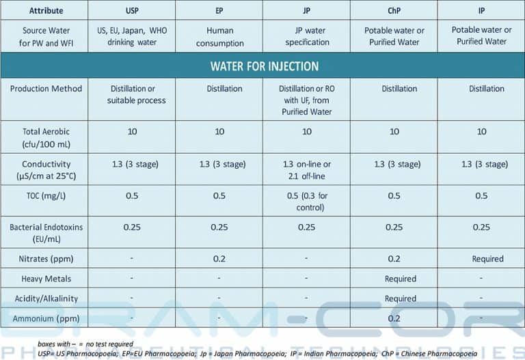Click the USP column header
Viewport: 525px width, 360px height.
[x=131, y=10]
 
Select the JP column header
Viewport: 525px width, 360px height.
[x=306, y=10]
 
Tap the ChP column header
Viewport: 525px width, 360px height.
[x=394, y=10]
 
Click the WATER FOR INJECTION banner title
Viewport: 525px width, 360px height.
[x=264, y=66]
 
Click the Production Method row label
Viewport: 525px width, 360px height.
[x=46, y=89]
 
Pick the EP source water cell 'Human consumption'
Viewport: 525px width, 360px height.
[x=219, y=37]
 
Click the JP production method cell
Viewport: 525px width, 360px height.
[x=306, y=100]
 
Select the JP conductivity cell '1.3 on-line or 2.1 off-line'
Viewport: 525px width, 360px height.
[x=306, y=170]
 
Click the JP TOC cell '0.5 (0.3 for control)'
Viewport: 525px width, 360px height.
[x=306, y=202]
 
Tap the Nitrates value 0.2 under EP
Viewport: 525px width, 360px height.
[x=219, y=259]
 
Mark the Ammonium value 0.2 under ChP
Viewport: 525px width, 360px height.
[x=394, y=318]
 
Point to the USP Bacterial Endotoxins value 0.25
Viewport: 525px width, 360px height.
[x=131, y=227]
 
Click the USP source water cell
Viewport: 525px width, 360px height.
[x=131, y=37]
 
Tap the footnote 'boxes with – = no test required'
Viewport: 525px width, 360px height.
[x=85, y=344]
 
